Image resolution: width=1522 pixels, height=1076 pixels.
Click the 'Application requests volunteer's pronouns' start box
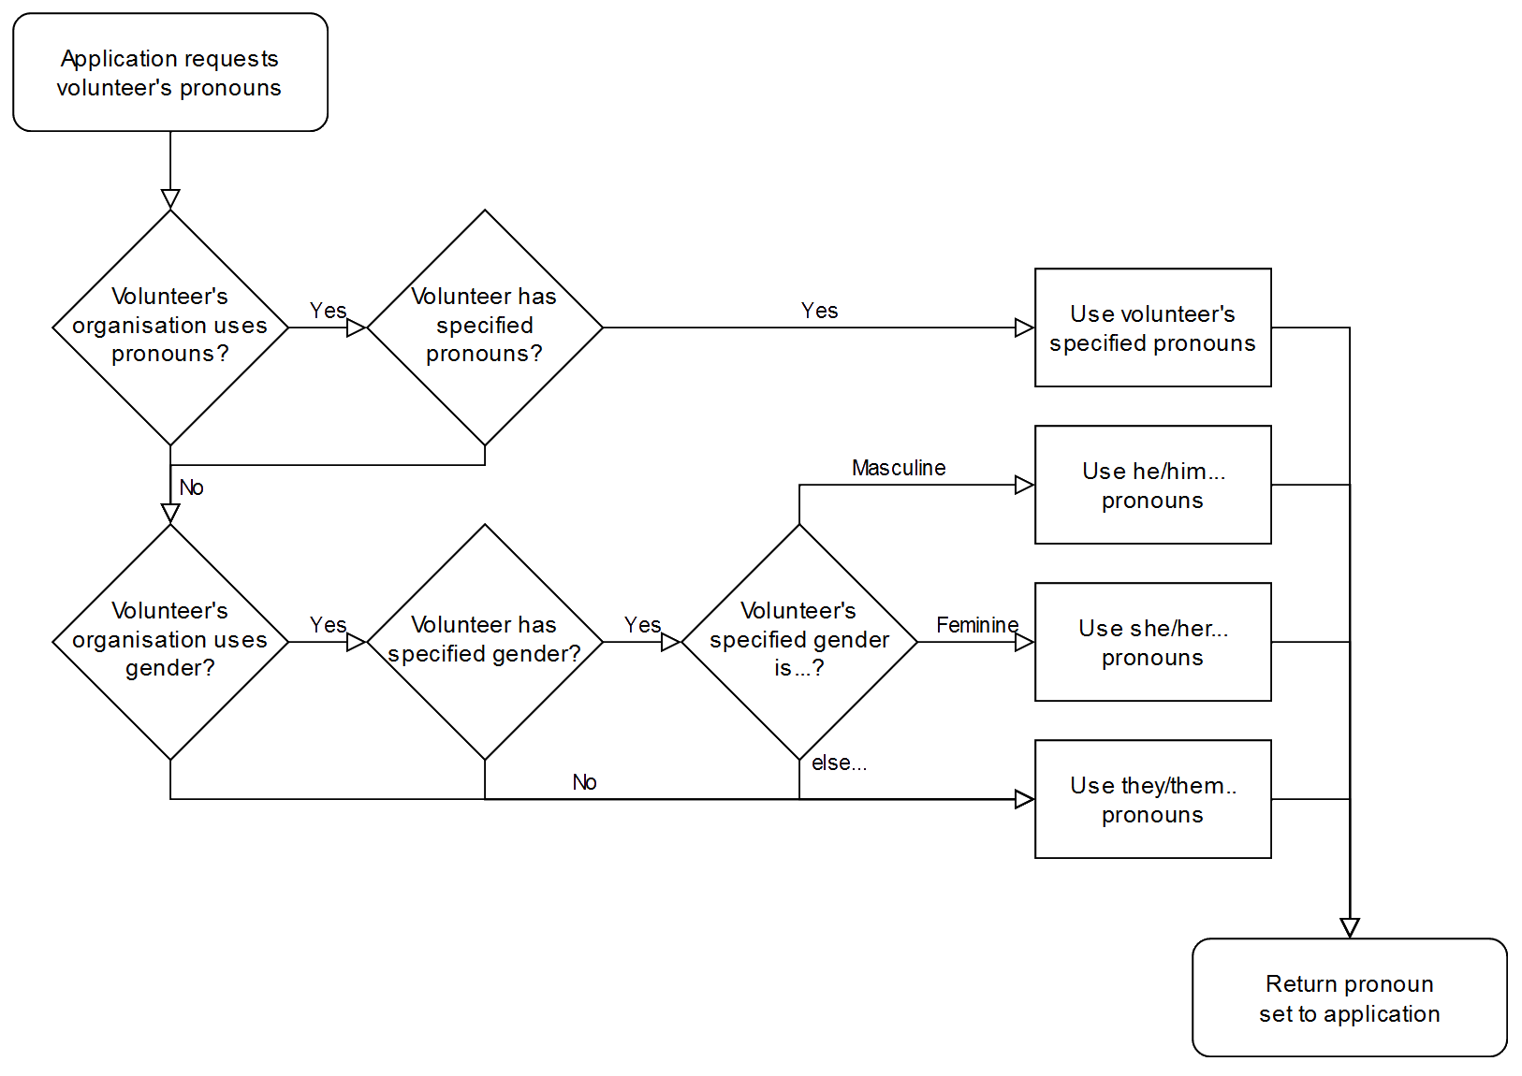(169, 72)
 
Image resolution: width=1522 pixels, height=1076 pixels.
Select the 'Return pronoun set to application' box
(1349, 997)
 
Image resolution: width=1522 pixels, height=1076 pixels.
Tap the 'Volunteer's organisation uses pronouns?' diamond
(170, 327)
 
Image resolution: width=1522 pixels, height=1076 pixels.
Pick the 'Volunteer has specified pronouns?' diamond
(484, 327)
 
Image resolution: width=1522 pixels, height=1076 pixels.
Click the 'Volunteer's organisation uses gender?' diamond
(170, 641)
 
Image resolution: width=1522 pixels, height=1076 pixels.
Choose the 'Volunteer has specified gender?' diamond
(484, 641)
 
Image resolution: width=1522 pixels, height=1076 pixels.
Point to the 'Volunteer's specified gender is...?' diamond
(799, 641)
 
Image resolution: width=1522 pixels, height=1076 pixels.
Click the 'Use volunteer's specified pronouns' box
(1152, 327)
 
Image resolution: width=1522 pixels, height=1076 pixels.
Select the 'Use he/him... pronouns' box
(1152, 485)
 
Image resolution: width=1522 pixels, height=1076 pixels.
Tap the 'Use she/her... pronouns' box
(1152, 642)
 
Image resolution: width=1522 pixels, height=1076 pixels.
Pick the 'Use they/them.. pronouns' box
(1152, 799)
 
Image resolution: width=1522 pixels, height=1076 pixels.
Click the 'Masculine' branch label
(899, 468)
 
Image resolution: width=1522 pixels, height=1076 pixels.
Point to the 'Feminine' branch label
(977, 625)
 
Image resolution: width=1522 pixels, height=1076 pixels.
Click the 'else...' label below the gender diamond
(838, 763)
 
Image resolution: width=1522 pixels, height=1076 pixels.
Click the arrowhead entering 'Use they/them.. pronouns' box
(1024, 799)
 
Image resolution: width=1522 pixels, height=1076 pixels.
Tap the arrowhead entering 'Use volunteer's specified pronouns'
(1024, 327)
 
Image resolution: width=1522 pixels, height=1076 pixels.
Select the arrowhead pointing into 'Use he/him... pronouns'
(1024, 485)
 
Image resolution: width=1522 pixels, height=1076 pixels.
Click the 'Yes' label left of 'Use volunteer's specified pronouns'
(819, 311)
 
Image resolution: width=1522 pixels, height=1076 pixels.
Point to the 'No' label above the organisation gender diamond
(192, 487)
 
